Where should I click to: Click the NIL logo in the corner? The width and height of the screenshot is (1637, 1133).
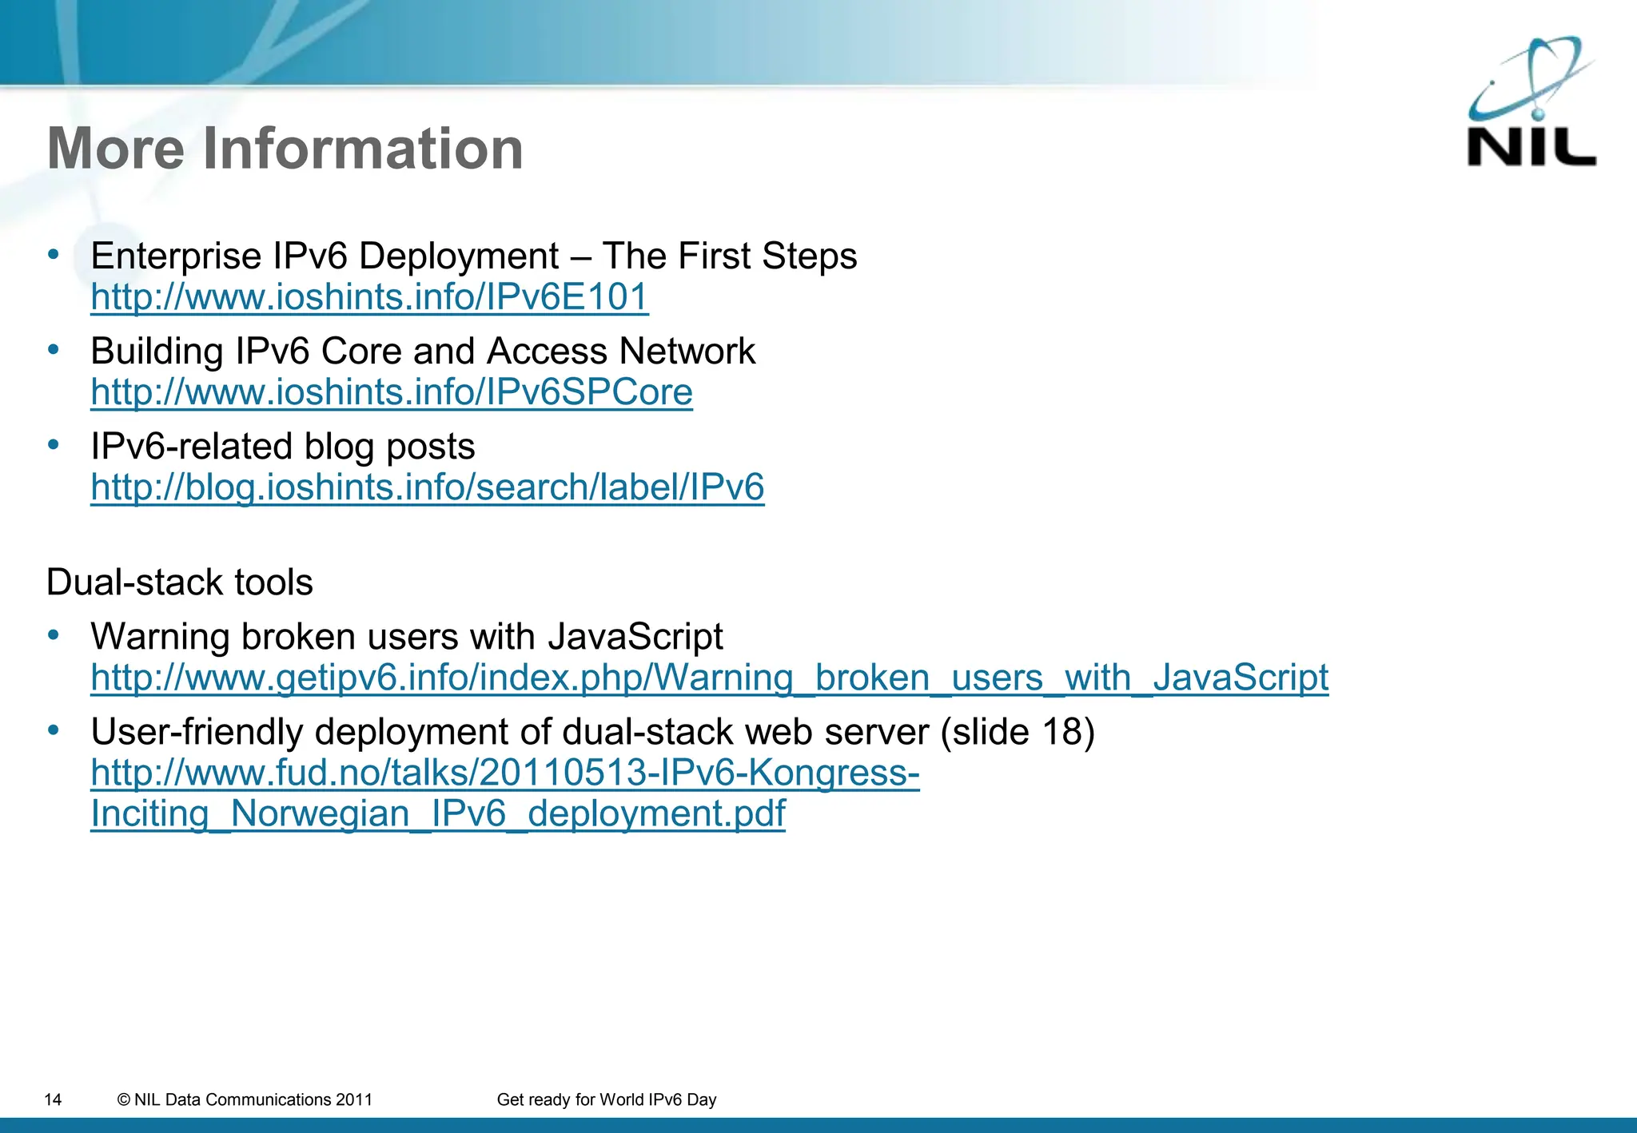pyautogui.click(x=1531, y=104)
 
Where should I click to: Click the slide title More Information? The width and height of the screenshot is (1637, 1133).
pyautogui.click(x=285, y=149)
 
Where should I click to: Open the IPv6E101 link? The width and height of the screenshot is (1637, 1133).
pyautogui.click(x=369, y=297)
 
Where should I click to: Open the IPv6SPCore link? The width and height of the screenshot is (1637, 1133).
pyautogui.click(x=392, y=392)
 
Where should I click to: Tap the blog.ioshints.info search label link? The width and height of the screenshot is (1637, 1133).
pyautogui.click(x=428, y=487)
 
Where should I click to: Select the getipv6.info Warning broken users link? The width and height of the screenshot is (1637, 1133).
pyautogui.click(x=709, y=678)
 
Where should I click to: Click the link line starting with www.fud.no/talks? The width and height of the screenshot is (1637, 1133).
pyautogui.click(x=505, y=773)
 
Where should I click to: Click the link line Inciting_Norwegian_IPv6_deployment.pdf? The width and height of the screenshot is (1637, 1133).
pyautogui.click(x=438, y=813)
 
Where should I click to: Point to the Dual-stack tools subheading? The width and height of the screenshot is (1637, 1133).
pyautogui.click(x=180, y=582)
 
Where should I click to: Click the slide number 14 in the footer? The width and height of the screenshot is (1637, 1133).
pyautogui.click(x=53, y=1100)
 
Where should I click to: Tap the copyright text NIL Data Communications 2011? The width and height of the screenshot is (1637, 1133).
pyautogui.click(x=245, y=1100)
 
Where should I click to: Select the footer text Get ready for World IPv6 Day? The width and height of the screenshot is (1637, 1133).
pyautogui.click(x=607, y=1100)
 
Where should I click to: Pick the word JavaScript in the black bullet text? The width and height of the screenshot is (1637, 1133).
pyautogui.click(x=635, y=637)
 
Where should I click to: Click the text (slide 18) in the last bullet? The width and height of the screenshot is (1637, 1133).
pyautogui.click(x=1018, y=732)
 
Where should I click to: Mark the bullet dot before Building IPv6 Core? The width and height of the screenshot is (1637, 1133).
pyautogui.click(x=54, y=349)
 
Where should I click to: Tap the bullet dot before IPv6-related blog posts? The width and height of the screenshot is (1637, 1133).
pyautogui.click(x=54, y=444)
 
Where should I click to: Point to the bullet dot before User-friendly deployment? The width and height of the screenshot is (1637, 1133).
pyautogui.click(x=54, y=729)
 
